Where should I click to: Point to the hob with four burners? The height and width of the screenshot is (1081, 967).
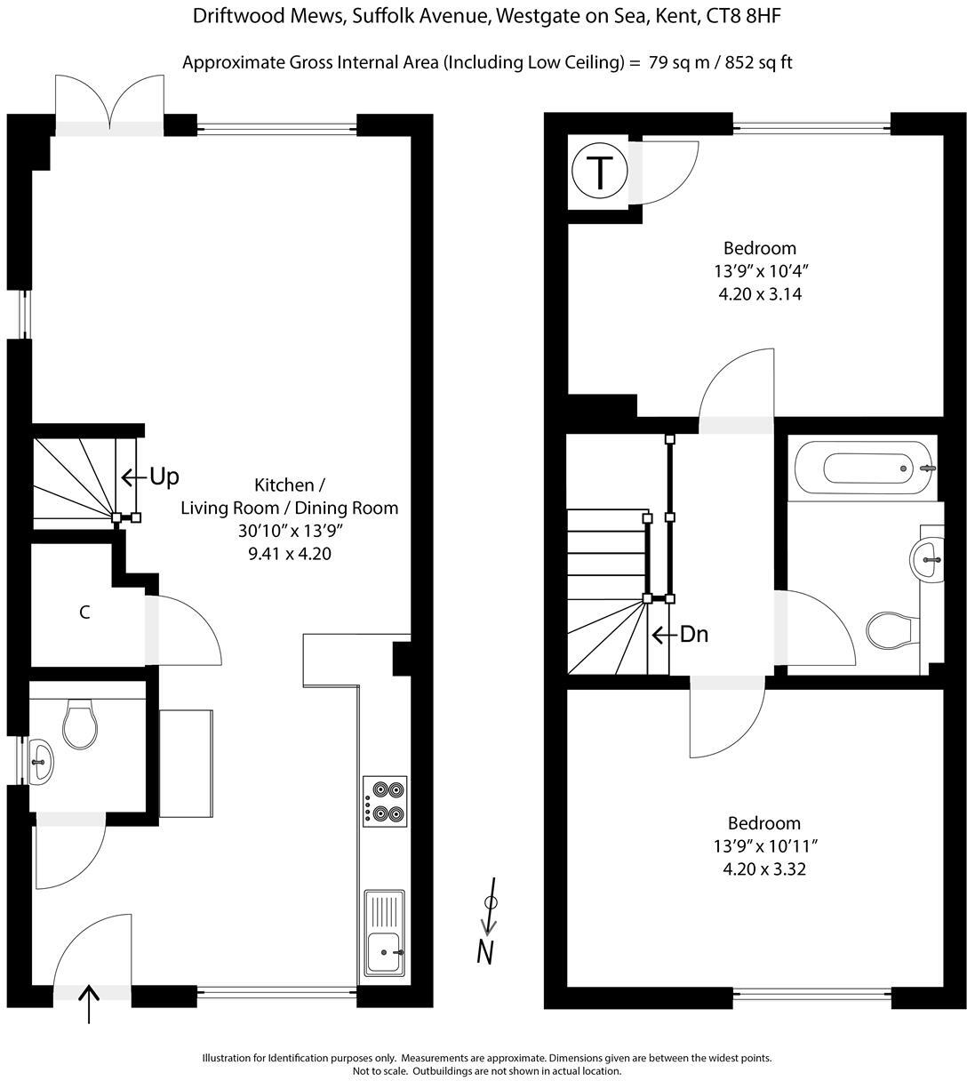(x=385, y=801)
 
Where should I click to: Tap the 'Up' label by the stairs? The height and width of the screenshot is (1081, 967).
(x=163, y=477)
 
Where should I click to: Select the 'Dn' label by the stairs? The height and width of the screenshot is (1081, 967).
(x=693, y=635)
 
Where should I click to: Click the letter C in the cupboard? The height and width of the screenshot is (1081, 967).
(x=84, y=613)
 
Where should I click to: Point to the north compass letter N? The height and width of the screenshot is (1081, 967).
(x=485, y=951)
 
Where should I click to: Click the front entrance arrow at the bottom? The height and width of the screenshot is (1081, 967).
(x=89, y=1005)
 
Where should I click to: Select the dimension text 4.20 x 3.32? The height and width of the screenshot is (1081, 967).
(x=764, y=869)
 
